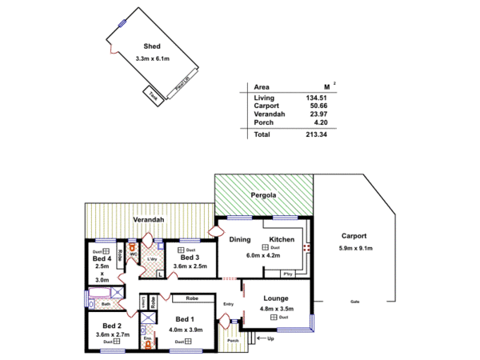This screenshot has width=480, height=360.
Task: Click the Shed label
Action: click(x=151, y=46)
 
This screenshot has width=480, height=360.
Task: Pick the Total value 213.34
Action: click(x=317, y=134)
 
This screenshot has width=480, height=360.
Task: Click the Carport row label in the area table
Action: click(x=267, y=105)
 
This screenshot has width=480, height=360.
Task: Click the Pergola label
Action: click(x=263, y=194)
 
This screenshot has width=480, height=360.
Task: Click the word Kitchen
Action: click(x=282, y=240)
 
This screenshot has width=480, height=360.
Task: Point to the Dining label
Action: click(x=241, y=240)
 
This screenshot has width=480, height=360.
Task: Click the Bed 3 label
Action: click(x=190, y=258)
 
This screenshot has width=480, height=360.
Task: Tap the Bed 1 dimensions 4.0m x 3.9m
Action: click(x=186, y=329)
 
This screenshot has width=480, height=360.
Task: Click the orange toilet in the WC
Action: click(x=132, y=246)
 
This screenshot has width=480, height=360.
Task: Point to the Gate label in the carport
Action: click(x=354, y=302)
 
